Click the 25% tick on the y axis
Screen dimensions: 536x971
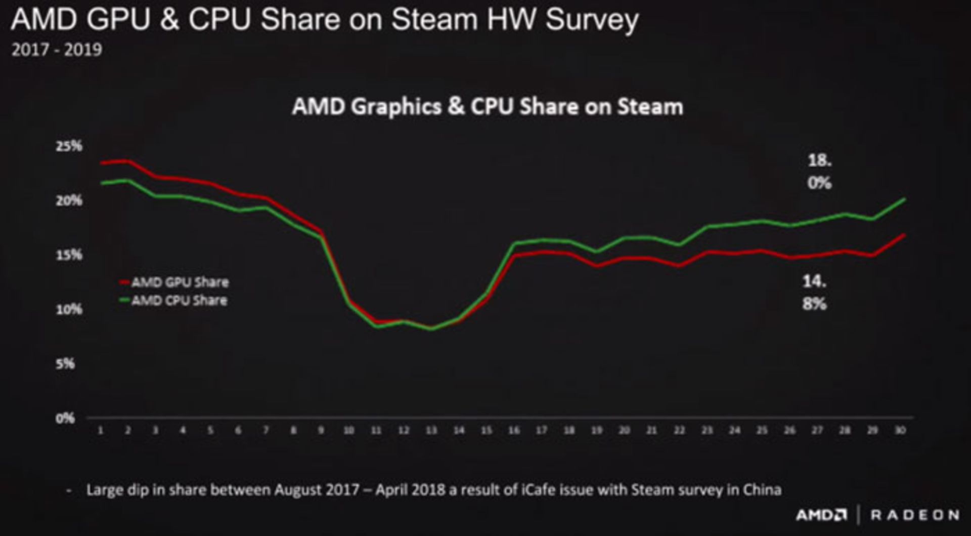69,146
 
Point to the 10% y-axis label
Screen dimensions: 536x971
69,309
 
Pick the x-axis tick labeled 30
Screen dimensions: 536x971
900,430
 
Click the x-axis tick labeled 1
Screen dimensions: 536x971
101,430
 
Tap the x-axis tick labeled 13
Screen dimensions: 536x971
431,430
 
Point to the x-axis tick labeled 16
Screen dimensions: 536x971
514,430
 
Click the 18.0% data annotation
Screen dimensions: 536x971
819,172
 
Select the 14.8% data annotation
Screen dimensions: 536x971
814,292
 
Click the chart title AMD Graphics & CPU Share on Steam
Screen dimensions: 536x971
488,107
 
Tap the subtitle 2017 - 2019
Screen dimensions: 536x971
57,50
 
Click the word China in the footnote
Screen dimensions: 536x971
762,490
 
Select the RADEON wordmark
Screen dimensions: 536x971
914,515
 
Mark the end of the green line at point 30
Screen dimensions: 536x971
904,199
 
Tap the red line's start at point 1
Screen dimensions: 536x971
102,163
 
